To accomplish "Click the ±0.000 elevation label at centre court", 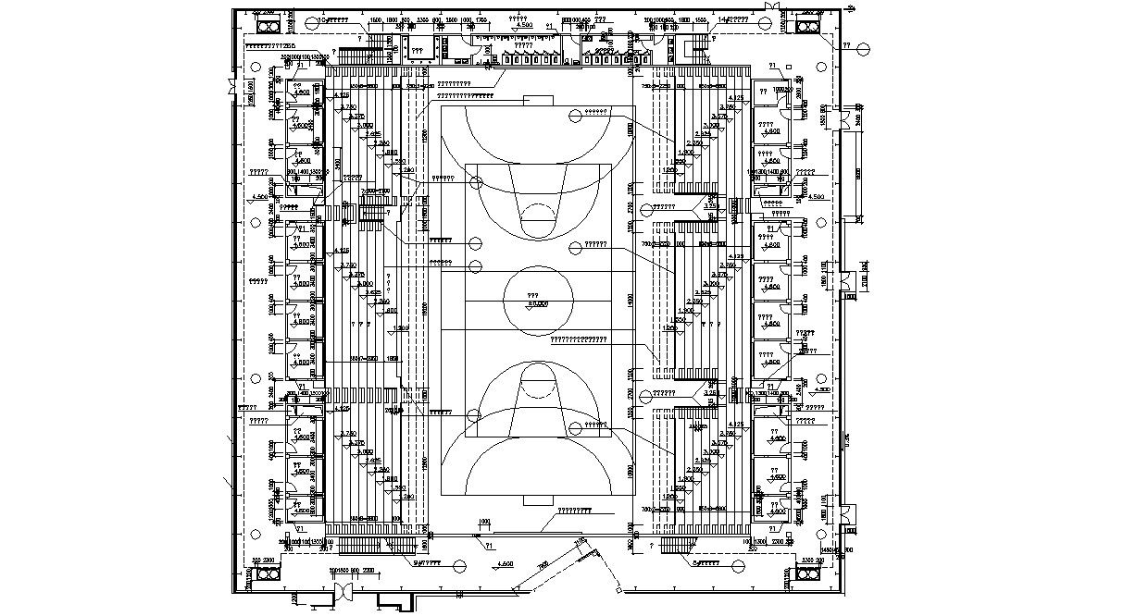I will (537, 303).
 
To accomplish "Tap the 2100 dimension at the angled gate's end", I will (580, 543).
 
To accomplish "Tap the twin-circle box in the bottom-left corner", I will (267, 573).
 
